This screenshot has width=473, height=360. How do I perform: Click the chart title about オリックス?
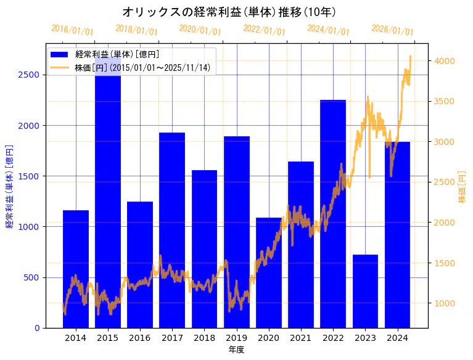click(229, 12)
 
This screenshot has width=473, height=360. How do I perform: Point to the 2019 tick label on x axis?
click(237, 337)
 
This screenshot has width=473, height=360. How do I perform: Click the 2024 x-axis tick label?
click(398, 337)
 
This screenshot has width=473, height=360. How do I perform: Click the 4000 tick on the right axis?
click(444, 61)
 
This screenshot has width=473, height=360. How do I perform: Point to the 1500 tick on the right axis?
click(444, 263)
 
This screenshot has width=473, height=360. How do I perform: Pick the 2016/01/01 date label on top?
click(72, 30)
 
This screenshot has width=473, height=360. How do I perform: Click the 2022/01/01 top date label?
click(264, 30)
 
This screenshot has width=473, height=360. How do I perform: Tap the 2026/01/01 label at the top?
click(392, 30)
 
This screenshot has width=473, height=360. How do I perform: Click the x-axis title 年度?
click(237, 350)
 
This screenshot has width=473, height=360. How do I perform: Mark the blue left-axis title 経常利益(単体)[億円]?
click(9, 186)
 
